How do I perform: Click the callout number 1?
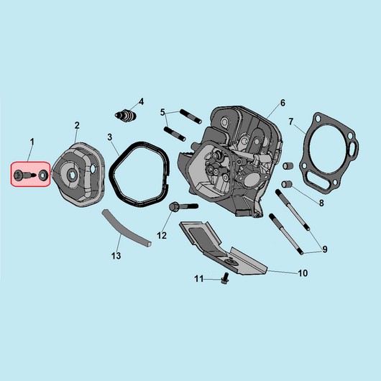pyautogui.click(x=32, y=142)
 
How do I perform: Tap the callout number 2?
pyautogui.click(x=77, y=125)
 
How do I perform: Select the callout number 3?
pyautogui.click(x=110, y=137)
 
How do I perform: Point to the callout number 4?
pyautogui.click(x=141, y=101)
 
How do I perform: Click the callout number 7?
pyautogui.click(x=291, y=121)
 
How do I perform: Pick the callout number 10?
pyautogui.click(x=303, y=273)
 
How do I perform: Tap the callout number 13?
pyautogui.click(x=116, y=256)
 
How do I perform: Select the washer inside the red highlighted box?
pyautogui.click(x=44, y=175)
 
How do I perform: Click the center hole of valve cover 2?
pyautogui.click(x=72, y=175)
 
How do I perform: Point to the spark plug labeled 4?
pyautogui.click(x=126, y=116)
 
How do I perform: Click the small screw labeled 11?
pyautogui.click(x=225, y=278)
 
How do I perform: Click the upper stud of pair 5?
pyautogui.click(x=190, y=116)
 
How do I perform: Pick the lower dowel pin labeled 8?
pyautogui.click(x=287, y=184)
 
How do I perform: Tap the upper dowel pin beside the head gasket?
pyautogui.click(x=288, y=166)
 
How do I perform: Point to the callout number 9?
pyautogui.click(x=325, y=249)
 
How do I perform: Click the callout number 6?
pyautogui.click(x=283, y=103)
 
